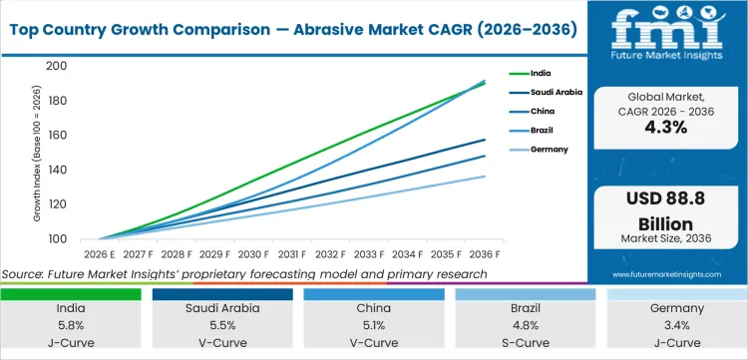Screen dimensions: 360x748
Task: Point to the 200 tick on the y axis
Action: pyautogui.click(x=57, y=66)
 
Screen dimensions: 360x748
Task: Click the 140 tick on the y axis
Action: pyautogui.click(x=57, y=170)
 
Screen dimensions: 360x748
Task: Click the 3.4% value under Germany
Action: pyautogui.click(x=678, y=326)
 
